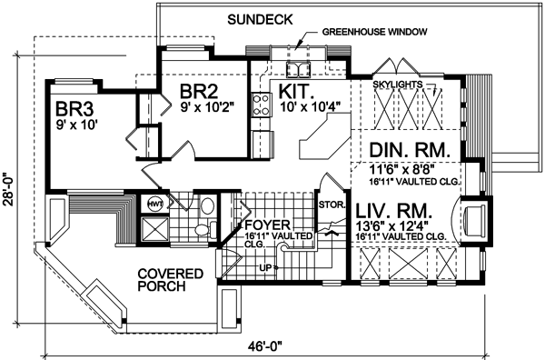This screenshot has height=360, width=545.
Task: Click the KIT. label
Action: tap(298, 92)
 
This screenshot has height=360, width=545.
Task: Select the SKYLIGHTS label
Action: tap(399, 85)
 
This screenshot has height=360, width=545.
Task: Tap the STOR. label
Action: tap(331, 205)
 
